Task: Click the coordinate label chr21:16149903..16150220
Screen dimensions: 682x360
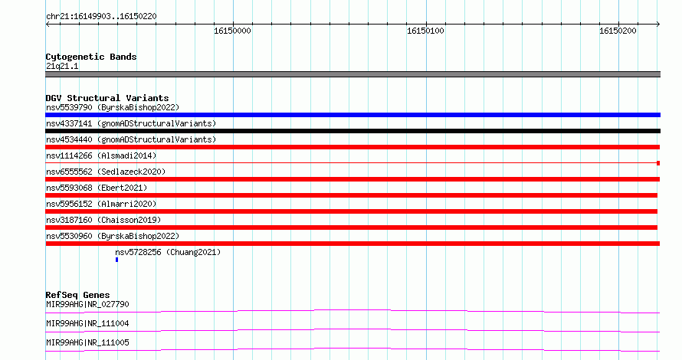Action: [x=101, y=17]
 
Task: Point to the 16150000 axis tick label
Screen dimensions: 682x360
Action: [x=232, y=31]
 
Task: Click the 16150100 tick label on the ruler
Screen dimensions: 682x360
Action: [x=425, y=31]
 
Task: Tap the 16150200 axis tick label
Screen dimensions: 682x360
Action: [x=618, y=31]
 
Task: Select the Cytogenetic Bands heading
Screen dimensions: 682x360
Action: [x=91, y=57]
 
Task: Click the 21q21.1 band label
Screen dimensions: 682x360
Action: [x=62, y=66]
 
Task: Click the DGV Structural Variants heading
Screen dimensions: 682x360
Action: [x=107, y=98]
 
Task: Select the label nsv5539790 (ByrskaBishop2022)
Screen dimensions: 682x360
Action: [x=113, y=107]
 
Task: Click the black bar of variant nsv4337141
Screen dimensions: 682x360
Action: [x=352, y=131]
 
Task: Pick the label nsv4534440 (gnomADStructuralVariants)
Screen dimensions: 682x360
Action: [x=131, y=139]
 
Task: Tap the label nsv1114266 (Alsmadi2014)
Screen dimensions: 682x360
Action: [x=101, y=155]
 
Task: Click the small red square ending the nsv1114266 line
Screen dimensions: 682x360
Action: [x=658, y=163]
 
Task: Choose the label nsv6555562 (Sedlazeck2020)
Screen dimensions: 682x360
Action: [x=106, y=172]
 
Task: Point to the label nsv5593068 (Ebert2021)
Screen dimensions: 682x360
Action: [x=97, y=188]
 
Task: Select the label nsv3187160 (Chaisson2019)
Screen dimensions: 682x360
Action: [x=103, y=220]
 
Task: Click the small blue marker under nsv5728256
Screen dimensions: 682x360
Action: [x=116, y=260]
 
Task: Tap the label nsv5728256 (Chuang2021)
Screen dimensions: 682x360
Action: [x=168, y=252]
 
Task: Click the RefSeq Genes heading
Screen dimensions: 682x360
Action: [x=77, y=295]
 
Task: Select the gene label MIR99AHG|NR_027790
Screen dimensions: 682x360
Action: [x=87, y=304]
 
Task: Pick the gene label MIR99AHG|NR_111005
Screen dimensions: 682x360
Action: [x=87, y=342]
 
